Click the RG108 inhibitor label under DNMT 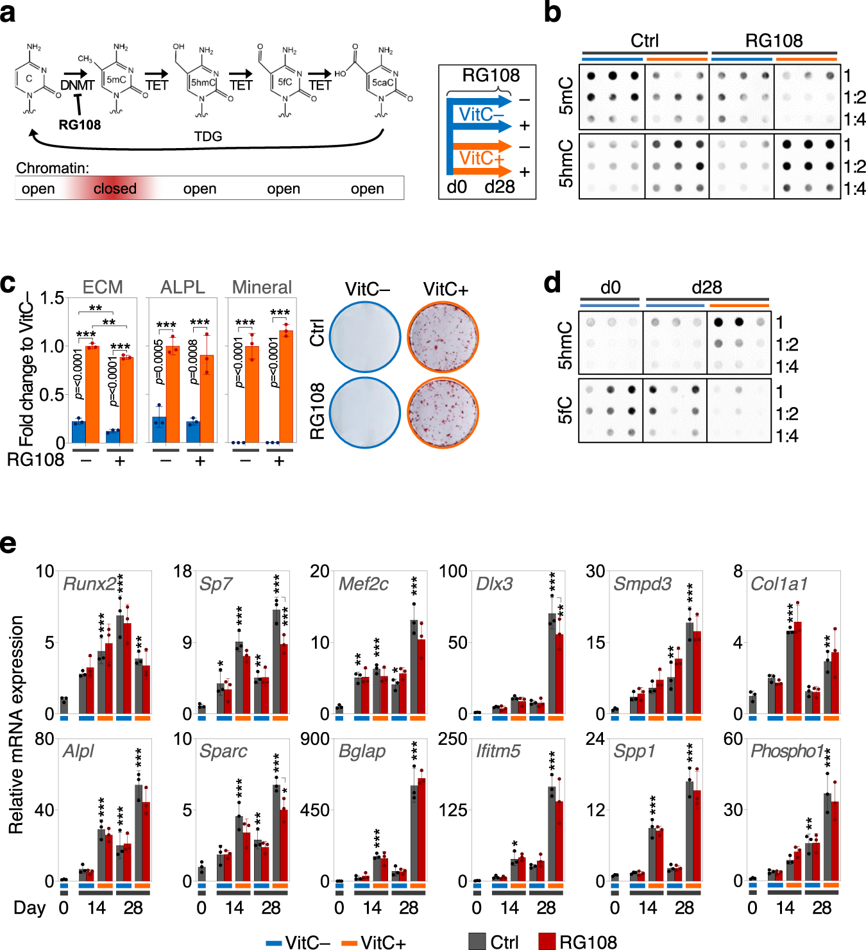[x=80, y=125]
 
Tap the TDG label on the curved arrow [x=208, y=137]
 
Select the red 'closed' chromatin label [x=115, y=188]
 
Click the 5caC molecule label [x=382, y=82]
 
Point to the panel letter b [x=552, y=13]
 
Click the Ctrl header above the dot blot [x=644, y=40]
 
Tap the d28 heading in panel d [x=706, y=287]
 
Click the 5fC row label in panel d [x=565, y=410]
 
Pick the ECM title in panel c [x=103, y=287]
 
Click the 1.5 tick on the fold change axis [x=52, y=298]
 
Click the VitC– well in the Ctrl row [x=365, y=337]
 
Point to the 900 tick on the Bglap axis [x=316, y=739]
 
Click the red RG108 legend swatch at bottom [x=547, y=941]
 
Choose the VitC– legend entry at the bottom [x=298, y=942]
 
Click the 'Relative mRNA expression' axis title [x=16, y=724]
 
